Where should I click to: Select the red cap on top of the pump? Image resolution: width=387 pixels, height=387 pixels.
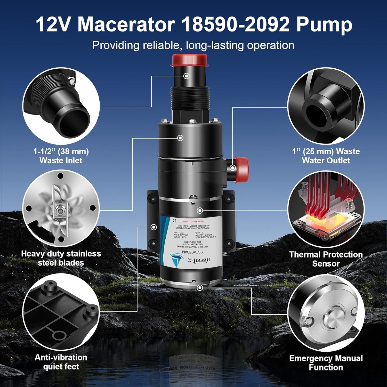190,60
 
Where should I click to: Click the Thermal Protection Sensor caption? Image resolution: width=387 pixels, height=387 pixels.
326,259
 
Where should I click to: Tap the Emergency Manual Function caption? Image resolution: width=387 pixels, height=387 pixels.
326,363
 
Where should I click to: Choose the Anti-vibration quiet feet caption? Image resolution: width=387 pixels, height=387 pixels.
61,362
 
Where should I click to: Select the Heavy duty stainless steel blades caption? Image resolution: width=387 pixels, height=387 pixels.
61,258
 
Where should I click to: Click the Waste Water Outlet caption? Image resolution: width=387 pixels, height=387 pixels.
326,156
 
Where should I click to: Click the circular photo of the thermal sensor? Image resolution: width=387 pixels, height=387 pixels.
326,209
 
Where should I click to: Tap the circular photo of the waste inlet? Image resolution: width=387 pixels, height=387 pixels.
61,106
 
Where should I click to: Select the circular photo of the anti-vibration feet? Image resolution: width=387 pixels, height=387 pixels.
61,312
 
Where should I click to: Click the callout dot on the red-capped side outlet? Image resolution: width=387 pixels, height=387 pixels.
233,168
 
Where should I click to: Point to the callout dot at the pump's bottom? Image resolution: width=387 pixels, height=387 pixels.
200,288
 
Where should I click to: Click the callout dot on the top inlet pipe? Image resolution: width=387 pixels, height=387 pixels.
186,76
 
